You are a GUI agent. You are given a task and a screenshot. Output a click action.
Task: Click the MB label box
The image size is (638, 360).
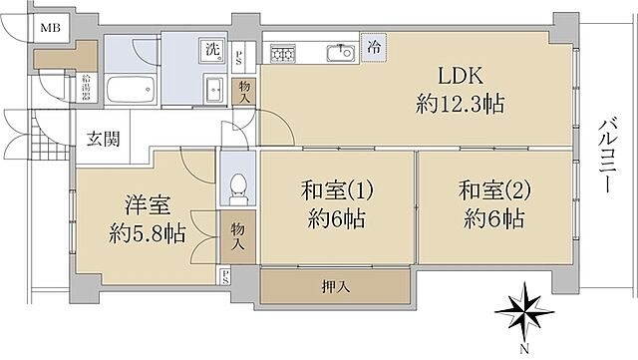click(47, 27)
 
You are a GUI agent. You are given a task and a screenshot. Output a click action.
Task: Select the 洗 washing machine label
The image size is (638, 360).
click(213, 50)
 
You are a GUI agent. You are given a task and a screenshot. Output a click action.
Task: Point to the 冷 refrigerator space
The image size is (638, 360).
click(372, 46)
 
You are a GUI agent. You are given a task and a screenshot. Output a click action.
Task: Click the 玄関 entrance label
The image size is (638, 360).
click(102, 139)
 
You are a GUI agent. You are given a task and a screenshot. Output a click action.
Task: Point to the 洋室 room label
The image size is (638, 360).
click(146, 206)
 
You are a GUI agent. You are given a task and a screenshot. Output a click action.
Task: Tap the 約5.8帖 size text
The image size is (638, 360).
click(146, 235)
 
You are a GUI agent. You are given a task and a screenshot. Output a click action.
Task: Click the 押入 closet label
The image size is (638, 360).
click(335, 287)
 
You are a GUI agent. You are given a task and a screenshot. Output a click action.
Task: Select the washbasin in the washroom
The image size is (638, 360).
click(214, 89)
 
